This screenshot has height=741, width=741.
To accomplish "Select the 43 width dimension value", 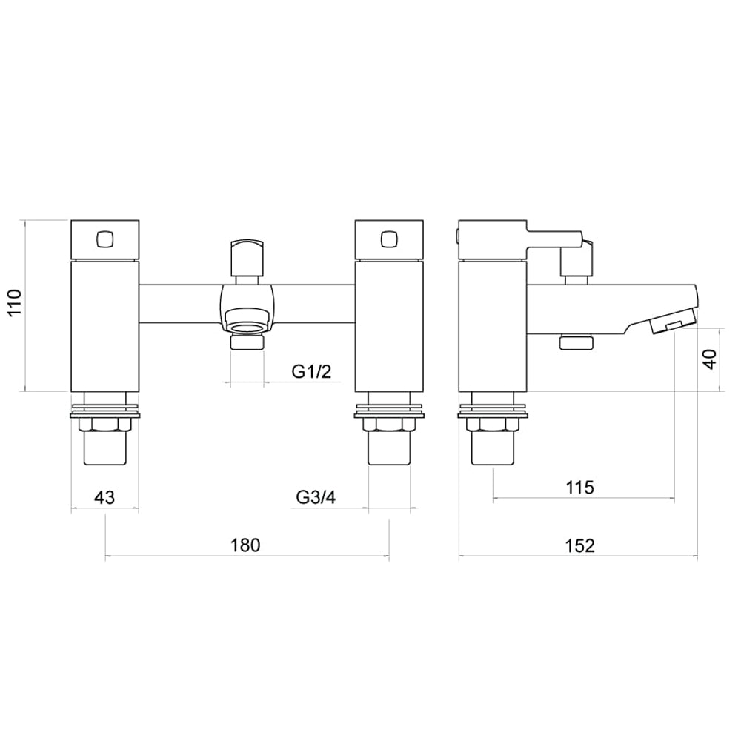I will pyautogui.click(x=104, y=498).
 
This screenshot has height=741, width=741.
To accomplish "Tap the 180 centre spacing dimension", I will pyautogui.click(x=245, y=545).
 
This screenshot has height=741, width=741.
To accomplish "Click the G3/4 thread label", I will pyautogui.click(x=316, y=498).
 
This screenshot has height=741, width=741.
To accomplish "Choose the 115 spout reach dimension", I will pyautogui.click(x=579, y=488).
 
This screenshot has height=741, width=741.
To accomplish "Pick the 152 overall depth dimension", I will pyautogui.click(x=579, y=545).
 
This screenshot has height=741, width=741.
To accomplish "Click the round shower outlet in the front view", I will pyautogui.click(x=247, y=324).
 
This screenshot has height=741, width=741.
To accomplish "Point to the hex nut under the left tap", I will pyautogui.click(x=104, y=425).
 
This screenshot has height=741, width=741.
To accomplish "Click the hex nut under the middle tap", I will pyautogui.click(x=389, y=425).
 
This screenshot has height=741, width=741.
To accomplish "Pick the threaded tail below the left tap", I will pyautogui.click(x=104, y=449).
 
